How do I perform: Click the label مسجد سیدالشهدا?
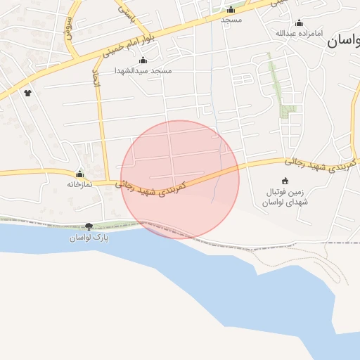click(x=143, y=71)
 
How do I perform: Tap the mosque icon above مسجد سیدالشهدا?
click(x=143, y=61)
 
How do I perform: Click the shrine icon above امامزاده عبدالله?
click(x=299, y=23)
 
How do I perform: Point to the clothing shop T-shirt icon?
click(x=27, y=92)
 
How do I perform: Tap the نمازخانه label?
click(x=80, y=184)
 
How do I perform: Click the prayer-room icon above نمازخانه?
click(x=79, y=174)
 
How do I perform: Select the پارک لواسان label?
click(x=88, y=238)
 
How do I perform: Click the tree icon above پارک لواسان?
click(x=89, y=226)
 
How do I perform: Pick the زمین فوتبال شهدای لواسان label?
click(x=284, y=197)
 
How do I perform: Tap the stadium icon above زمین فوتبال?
click(x=285, y=181)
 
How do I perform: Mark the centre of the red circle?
click(x=180, y=179)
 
